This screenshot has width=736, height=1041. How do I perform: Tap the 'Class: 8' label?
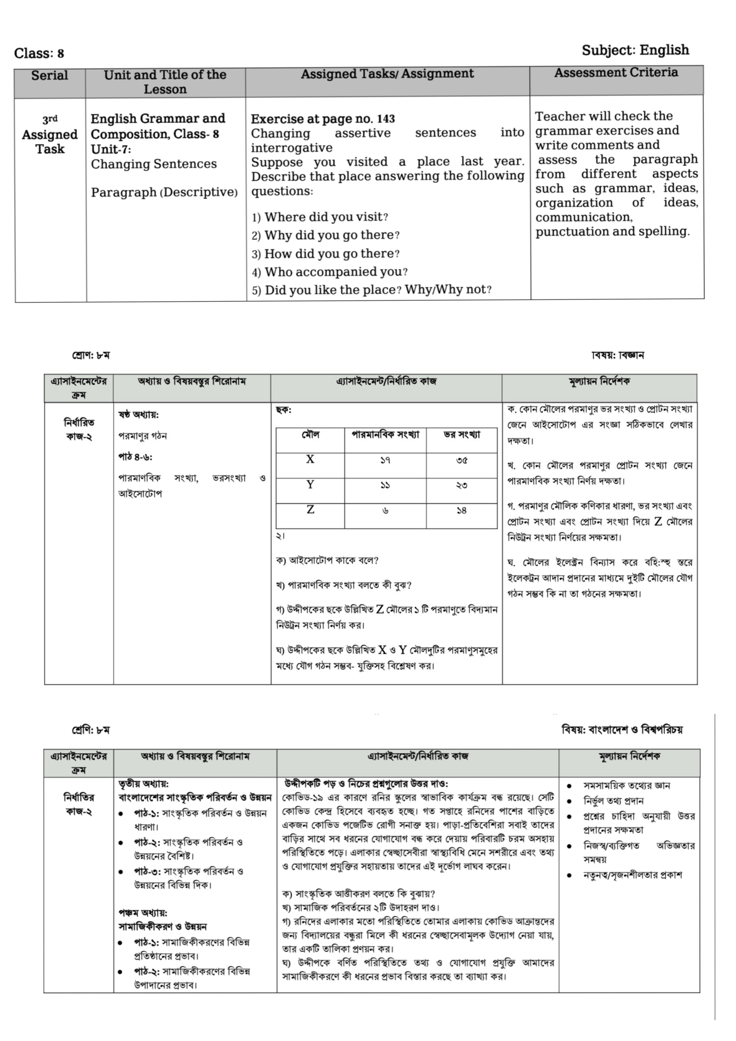tap(39, 54)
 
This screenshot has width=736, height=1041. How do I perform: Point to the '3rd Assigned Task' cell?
tap(50, 135)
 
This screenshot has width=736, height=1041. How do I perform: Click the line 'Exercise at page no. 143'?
tap(323, 119)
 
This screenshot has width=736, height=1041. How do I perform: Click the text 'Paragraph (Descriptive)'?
tap(164, 192)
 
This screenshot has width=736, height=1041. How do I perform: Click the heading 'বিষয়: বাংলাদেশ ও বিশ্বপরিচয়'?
tap(622, 729)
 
